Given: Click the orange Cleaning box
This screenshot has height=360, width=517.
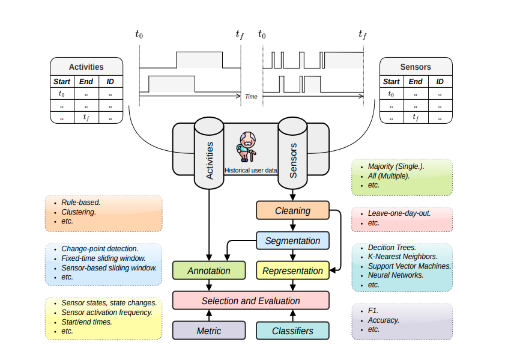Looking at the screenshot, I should click(292, 211).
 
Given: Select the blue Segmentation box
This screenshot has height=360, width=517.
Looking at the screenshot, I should click(292, 241).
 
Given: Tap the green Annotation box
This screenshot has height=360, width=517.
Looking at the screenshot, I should click(208, 270).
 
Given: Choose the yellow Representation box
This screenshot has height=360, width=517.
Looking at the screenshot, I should click(292, 270).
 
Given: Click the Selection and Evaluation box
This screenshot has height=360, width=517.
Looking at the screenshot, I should click(250, 301).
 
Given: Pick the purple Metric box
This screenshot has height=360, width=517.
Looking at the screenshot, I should click(208, 331).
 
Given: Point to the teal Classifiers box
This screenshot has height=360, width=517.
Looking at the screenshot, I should click(292, 331).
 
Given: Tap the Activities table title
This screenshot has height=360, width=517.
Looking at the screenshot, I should click(86, 67).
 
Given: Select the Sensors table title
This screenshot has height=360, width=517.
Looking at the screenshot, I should click(416, 67).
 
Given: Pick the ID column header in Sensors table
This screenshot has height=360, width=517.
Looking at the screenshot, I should click(440, 82).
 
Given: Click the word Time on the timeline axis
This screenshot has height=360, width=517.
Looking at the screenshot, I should click(251, 96).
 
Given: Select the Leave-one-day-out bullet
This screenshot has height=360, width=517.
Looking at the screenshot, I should click(399, 213).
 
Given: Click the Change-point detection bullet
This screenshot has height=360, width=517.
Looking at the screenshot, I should click(100, 248).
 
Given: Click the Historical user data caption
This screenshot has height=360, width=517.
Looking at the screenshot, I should click(250, 170).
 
